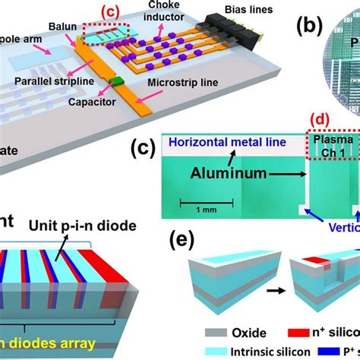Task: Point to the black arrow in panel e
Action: click(x=270, y=266)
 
